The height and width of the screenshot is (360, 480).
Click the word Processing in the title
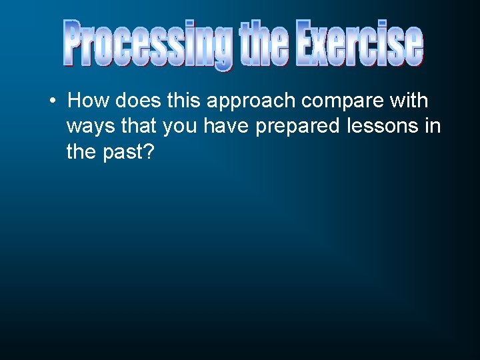point(147,44)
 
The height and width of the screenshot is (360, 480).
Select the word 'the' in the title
point(263,44)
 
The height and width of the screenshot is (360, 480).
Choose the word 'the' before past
point(82,152)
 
